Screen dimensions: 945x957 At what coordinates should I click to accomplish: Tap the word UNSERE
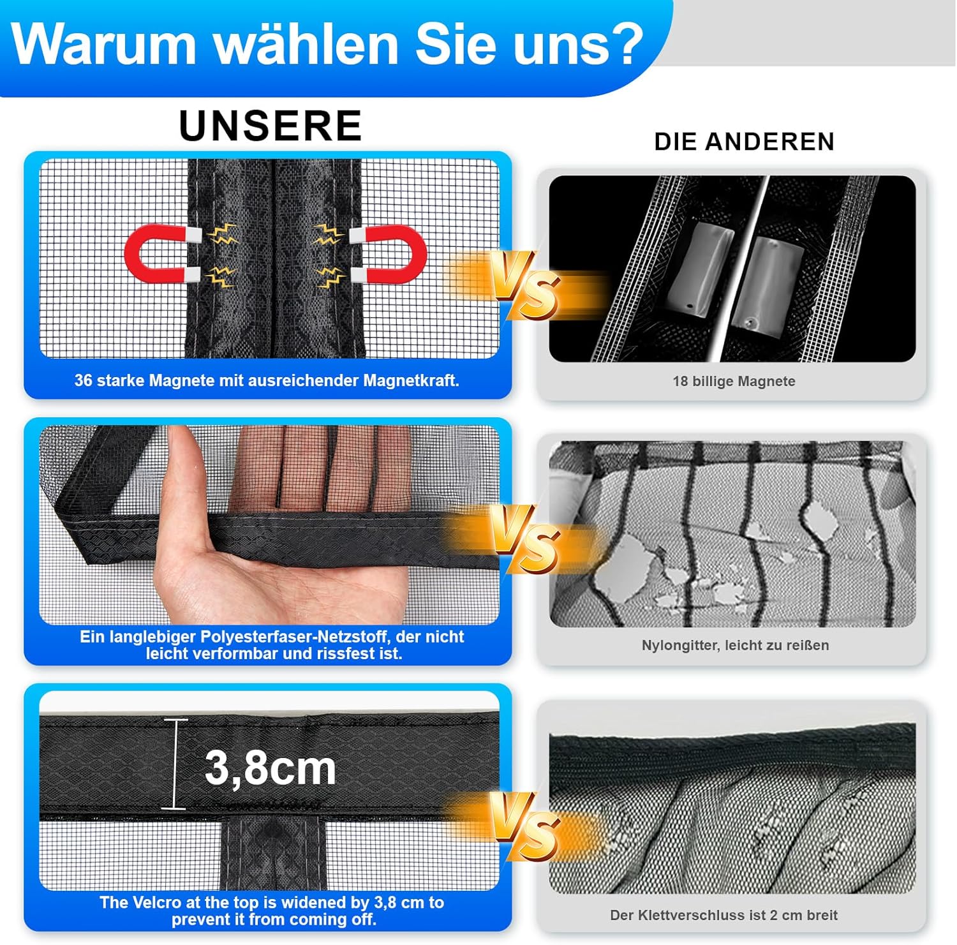coord(271,126)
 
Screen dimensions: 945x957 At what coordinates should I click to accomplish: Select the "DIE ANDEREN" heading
coord(744,142)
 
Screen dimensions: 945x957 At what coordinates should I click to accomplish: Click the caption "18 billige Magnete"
coord(734,382)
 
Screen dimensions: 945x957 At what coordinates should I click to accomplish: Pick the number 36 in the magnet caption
coord(84,381)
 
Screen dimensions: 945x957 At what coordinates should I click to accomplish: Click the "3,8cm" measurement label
coord(271,768)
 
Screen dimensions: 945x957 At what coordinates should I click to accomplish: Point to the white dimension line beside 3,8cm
coord(175,764)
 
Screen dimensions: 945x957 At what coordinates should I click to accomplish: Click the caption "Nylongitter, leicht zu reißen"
coord(735,645)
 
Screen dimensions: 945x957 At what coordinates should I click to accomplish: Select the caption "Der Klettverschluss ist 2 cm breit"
coord(723,915)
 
